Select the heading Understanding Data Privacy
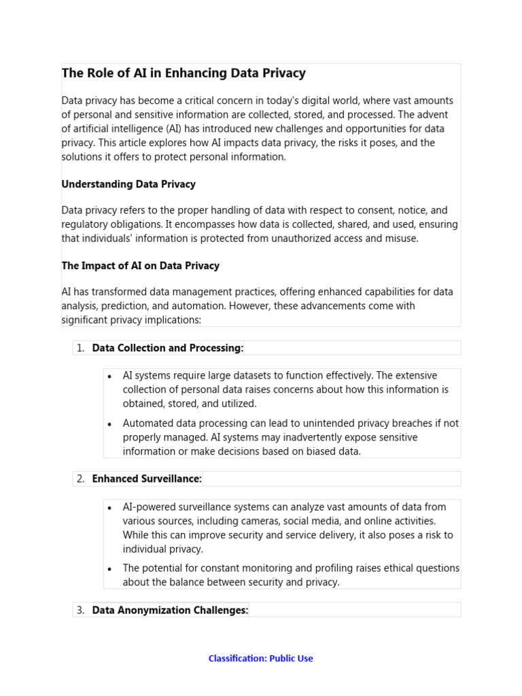(x=128, y=184)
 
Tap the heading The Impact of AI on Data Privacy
(x=140, y=266)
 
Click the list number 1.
(x=80, y=348)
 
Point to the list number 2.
(x=80, y=479)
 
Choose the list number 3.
(x=80, y=610)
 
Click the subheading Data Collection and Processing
(x=167, y=348)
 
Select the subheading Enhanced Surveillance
(x=147, y=479)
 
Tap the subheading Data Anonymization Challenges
(x=170, y=610)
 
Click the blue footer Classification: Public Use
(x=260, y=658)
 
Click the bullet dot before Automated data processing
(x=110, y=423)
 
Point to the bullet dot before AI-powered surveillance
(x=110, y=507)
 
